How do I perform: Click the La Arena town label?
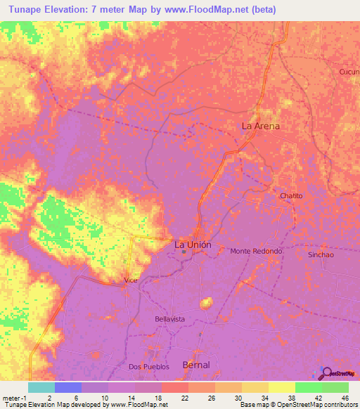260,126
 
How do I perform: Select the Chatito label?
290,195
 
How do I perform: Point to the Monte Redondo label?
256,251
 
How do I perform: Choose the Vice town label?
131,280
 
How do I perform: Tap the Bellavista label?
169,319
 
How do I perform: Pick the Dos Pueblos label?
146,366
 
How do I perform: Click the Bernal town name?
195,365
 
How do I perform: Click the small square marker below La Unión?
184,252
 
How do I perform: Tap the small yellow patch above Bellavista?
206,303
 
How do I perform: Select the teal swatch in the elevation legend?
41,387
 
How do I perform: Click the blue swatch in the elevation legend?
67,387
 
